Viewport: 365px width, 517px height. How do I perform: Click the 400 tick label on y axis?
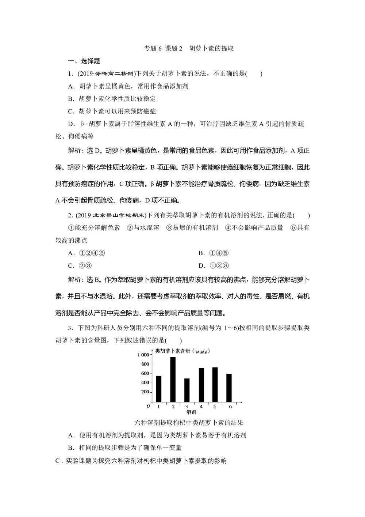145,382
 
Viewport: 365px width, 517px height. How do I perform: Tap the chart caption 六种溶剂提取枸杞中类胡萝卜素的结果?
189,423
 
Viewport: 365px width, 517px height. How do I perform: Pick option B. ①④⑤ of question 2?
214,253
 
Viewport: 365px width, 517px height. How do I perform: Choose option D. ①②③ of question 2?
214,265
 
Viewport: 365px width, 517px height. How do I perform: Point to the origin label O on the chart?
148,406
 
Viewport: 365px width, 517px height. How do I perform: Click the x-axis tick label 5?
215,407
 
